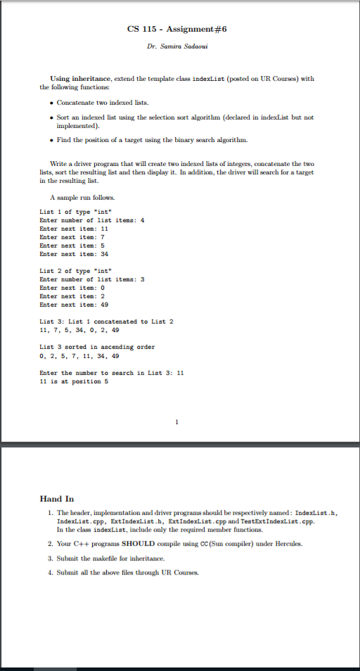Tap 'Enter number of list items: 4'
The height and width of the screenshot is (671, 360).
91,220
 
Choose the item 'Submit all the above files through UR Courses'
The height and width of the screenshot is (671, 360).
120,572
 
